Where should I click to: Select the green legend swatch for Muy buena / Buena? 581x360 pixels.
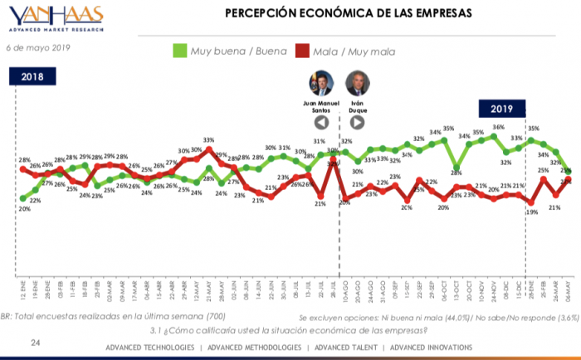pyautogui.click(x=178, y=51)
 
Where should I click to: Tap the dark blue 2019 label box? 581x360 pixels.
pyautogui.click(x=501, y=109)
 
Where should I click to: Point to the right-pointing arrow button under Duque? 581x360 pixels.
pyautogui.click(x=358, y=122)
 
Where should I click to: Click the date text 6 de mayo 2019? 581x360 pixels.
pyautogui.click(x=38, y=47)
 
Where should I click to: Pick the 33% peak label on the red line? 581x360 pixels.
pyautogui.click(x=209, y=140)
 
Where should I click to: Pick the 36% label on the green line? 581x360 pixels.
pyautogui.click(x=498, y=128)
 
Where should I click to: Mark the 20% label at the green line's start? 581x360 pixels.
pyautogui.click(x=23, y=209)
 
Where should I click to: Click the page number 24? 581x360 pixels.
pyautogui.click(x=35, y=342)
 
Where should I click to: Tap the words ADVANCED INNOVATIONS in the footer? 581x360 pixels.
pyautogui.click(x=431, y=347)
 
